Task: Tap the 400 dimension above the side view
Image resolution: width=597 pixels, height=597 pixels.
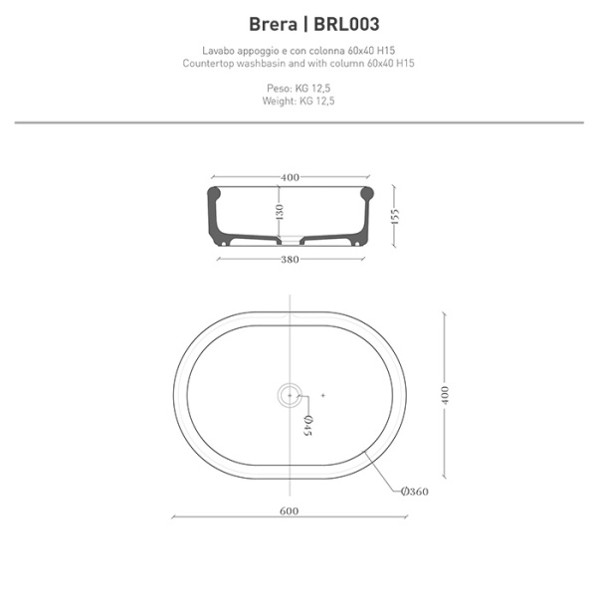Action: click(290, 177)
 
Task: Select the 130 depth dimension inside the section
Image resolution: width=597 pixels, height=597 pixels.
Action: click(281, 212)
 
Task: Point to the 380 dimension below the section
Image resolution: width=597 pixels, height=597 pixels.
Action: click(290, 261)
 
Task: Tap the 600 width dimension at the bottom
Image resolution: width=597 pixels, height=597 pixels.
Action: click(290, 512)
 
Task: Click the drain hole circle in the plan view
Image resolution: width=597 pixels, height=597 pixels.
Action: click(290, 395)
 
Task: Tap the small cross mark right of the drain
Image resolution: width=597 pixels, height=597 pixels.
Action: click(323, 396)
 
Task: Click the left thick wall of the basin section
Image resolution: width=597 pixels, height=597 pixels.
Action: click(213, 209)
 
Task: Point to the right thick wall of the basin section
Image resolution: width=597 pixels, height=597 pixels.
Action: click(367, 209)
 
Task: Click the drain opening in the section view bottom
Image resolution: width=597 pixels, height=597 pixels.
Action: click(290, 240)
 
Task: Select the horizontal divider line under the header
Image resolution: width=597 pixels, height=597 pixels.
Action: click(298, 122)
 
